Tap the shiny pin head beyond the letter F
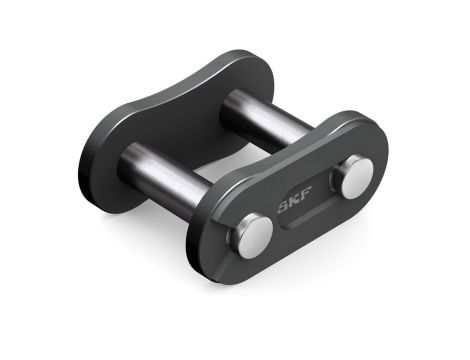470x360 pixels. [355, 178]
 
